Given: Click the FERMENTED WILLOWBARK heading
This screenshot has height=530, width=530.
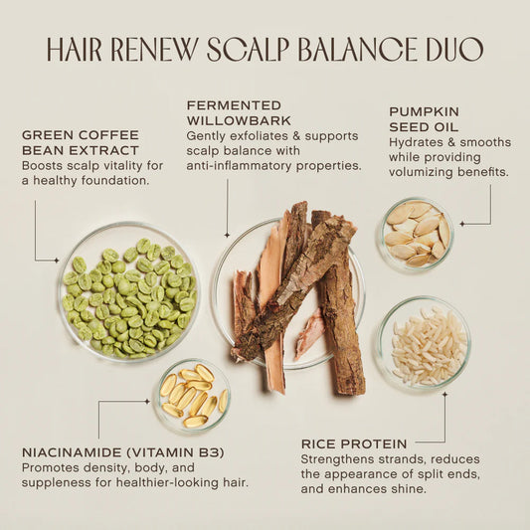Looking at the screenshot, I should coord(235,113).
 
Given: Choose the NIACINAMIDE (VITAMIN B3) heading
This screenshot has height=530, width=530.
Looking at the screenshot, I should coord(123,452).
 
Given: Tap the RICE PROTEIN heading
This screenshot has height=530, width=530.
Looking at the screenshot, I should coord(353,443).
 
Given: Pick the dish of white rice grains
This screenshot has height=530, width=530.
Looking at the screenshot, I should coord(425,343).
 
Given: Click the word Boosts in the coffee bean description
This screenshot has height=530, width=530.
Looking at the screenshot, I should coord(44,164).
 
